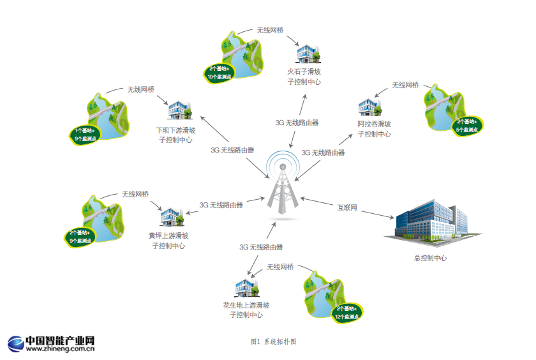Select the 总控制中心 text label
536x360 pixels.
click(x=431, y=258)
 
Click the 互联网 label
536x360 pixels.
click(x=347, y=207)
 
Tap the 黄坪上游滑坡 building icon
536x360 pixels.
click(x=171, y=217)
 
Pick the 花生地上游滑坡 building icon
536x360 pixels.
click(x=247, y=289)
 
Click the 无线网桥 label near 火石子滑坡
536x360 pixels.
click(x=270, y=30)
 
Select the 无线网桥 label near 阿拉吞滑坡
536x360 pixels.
click(x=405, y=85)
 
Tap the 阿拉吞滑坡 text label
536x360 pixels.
click(x=375, y=124)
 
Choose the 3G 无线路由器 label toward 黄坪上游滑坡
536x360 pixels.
click(x=221, y=205)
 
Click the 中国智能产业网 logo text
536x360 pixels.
click(x=60, y=340)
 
